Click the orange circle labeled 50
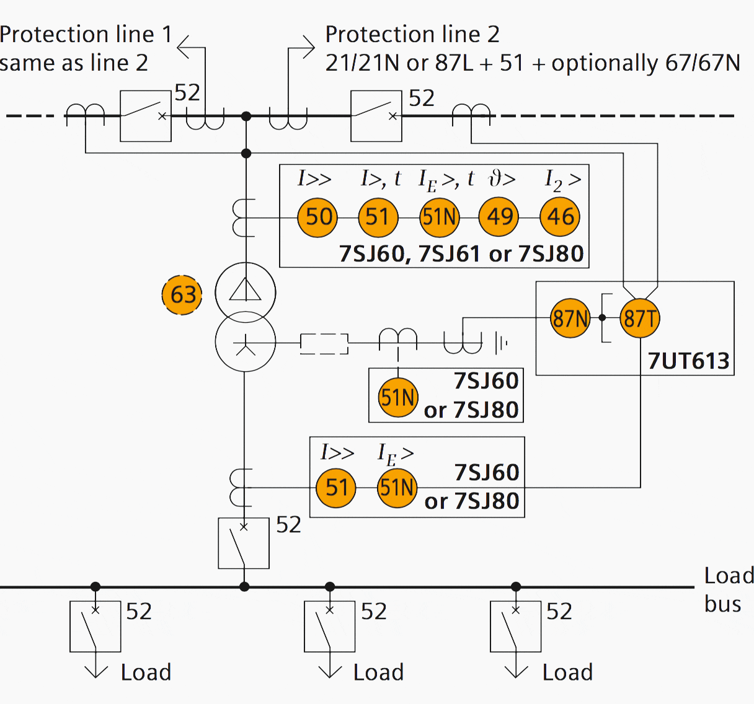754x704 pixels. [318, 217]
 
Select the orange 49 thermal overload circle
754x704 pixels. [499, 217]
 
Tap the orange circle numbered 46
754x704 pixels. [560, 217]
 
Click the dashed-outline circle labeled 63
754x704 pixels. [182, 295]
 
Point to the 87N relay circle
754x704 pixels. [570, 319]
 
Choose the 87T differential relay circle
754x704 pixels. [639, 319]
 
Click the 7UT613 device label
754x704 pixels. [688, 361]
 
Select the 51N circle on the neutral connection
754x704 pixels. [397, 397]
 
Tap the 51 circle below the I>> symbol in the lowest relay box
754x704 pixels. [336, 488]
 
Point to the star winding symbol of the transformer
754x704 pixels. [246, 343]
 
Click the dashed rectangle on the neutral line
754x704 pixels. [324, 343]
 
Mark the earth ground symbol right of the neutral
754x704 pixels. [501, 342]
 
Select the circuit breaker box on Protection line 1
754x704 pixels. [145, 116]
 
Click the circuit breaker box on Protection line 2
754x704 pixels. [376, 116]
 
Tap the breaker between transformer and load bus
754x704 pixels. [244, 543]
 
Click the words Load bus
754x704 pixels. [728, 589]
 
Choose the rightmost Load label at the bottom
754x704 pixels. [567, 672]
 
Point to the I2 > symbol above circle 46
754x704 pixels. [562, 180]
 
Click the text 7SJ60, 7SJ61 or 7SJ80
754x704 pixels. [461, 254]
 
